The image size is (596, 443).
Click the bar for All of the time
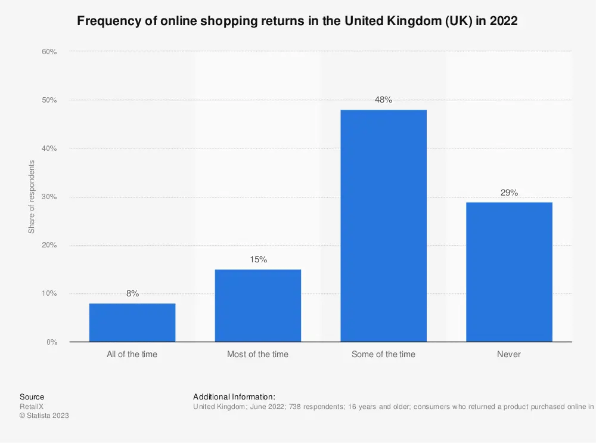coord(132,323)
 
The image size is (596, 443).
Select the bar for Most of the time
coord(257,306)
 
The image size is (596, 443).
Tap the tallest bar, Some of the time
coord(383,226)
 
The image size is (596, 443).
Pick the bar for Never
coord(509,272)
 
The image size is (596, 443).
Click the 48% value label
coord(383,100)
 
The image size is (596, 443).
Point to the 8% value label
coord(132,293)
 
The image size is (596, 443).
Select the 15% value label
coord(257,259)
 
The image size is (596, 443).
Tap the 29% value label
coord(509,192)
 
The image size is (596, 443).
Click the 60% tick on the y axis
coord(49,52)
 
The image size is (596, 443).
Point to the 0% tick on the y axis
coord(51,342)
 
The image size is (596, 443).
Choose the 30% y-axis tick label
coord(49,197)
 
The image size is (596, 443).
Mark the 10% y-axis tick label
coord(49,294)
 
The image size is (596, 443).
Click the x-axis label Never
coord(509,354)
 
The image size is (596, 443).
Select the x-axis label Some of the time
coord(383,354)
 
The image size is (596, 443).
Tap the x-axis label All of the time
coord(132,354)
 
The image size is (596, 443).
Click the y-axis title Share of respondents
coord(32,197)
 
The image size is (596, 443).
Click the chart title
coord(297,21)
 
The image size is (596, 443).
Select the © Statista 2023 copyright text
coord(44,416)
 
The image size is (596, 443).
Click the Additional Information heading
coord(234,396)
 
